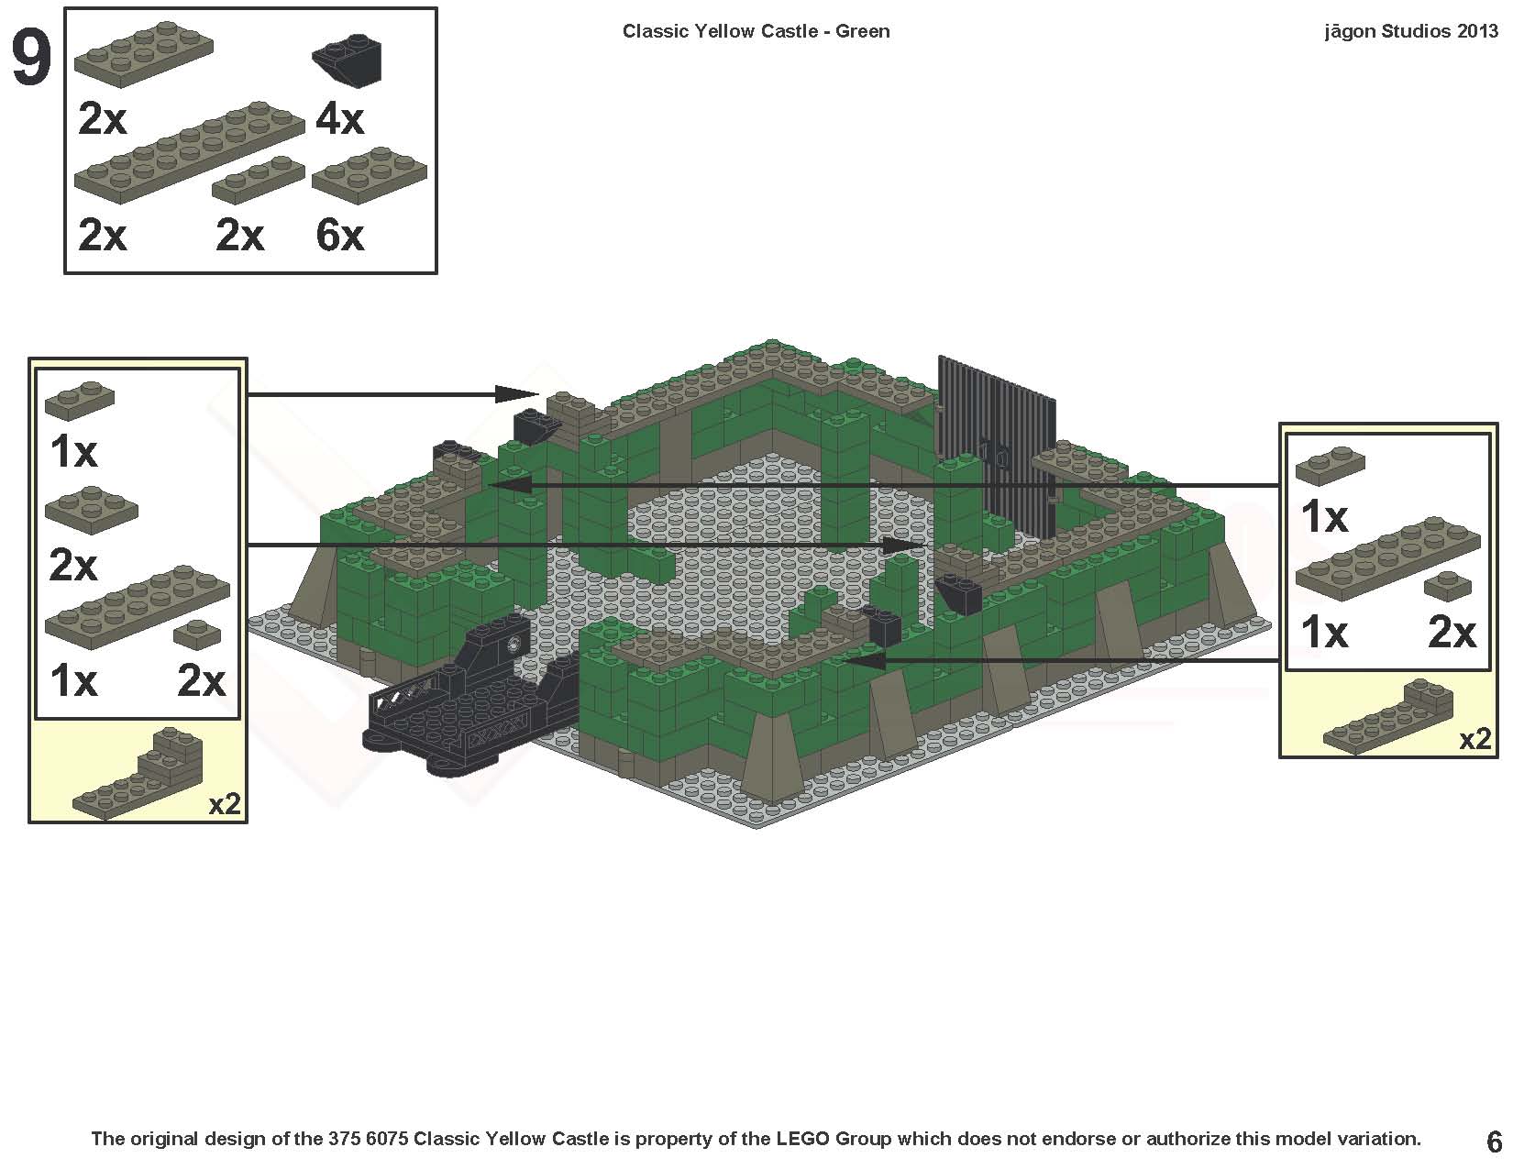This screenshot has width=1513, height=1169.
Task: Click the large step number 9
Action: point(31,60)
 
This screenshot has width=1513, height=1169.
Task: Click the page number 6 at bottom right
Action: point(1494,1141)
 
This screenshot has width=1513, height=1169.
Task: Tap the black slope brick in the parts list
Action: point(348,61)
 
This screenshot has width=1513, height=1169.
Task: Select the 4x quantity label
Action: point(339,119)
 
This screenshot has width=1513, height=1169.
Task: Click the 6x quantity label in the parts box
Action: point(339,236)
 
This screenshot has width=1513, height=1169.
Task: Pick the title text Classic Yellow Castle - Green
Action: point(756,31)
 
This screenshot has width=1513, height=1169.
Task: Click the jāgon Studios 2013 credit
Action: point(1410,31)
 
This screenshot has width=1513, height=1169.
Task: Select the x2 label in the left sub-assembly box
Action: point(225,804)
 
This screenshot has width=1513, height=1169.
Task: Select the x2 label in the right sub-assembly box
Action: point(1474,740)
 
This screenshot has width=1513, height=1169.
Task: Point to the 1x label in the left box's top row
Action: point(73,451)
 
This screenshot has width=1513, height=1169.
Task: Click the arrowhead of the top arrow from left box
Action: point(516,394)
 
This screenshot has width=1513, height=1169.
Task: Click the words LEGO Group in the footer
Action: point(833,1140)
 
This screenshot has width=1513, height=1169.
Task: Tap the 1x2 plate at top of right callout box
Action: point(1330,463)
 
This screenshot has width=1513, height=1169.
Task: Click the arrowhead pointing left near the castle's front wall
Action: point(862,660)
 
